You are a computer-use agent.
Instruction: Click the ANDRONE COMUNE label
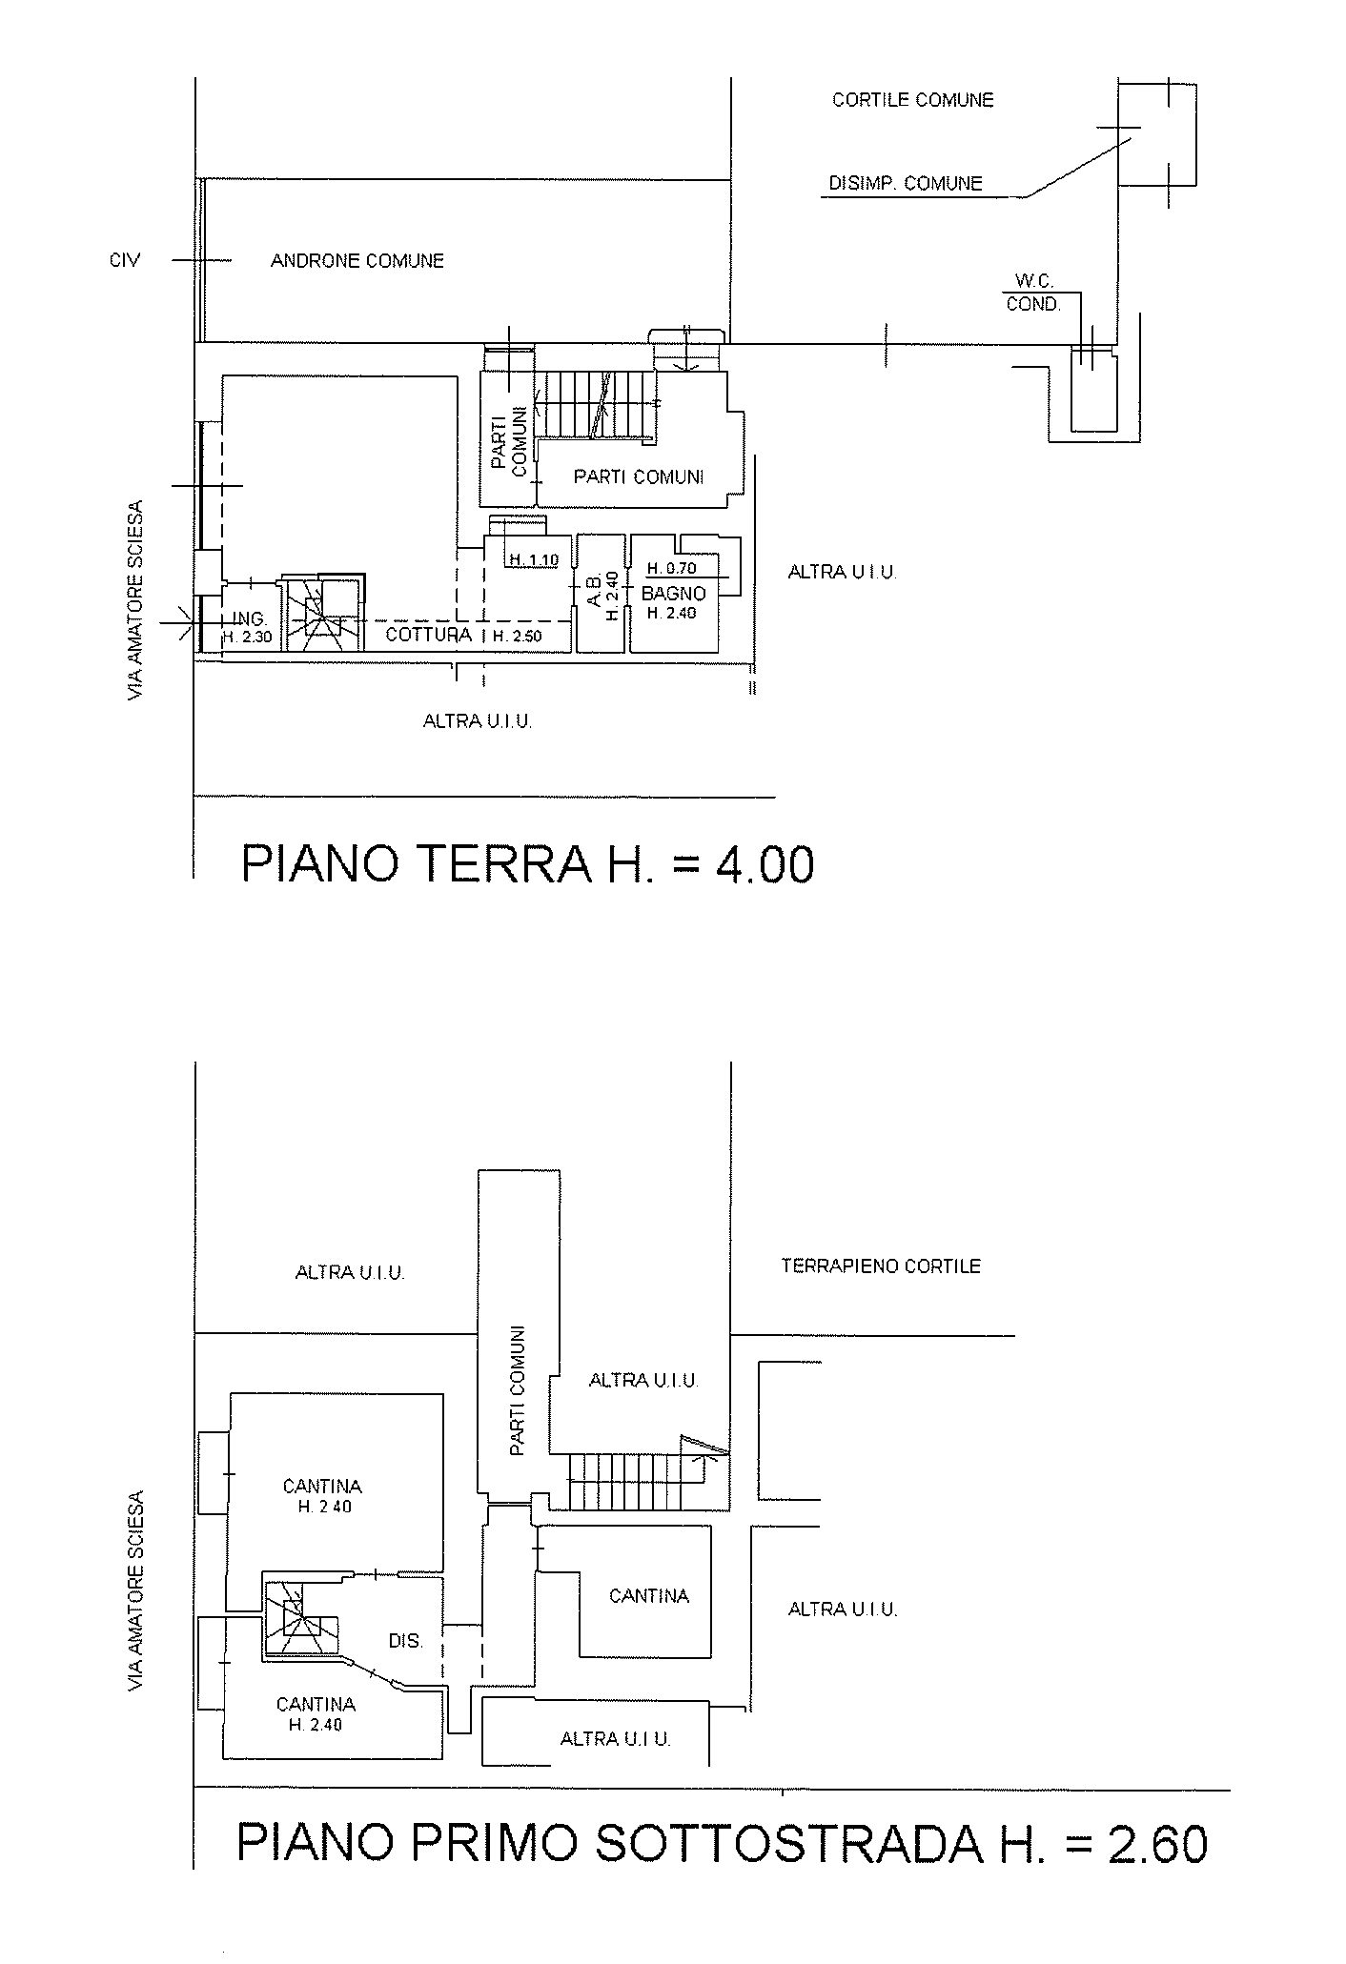pos(357,261)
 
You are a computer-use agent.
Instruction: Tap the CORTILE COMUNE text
pos(913,100)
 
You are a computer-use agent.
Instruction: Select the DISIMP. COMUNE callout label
pos(906,183)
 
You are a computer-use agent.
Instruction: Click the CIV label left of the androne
pos(125,260)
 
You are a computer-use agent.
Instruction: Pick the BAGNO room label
pos(674,594)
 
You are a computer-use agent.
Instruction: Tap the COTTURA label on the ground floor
pos(429,635)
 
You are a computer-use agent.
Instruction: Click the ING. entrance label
pos(250,619)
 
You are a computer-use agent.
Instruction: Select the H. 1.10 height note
pos(534,560)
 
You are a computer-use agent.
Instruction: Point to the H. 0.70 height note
pos(672,569)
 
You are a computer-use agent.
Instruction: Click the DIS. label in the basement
pos(405,1642)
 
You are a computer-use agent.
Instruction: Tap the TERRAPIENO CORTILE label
pos(881,1266)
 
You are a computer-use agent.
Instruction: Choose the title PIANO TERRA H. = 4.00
pos(528,865)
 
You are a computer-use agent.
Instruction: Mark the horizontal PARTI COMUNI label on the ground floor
pos(639,477)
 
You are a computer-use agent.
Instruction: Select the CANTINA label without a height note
pos(649,1596)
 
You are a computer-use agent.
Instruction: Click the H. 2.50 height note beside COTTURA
pos(518,637)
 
